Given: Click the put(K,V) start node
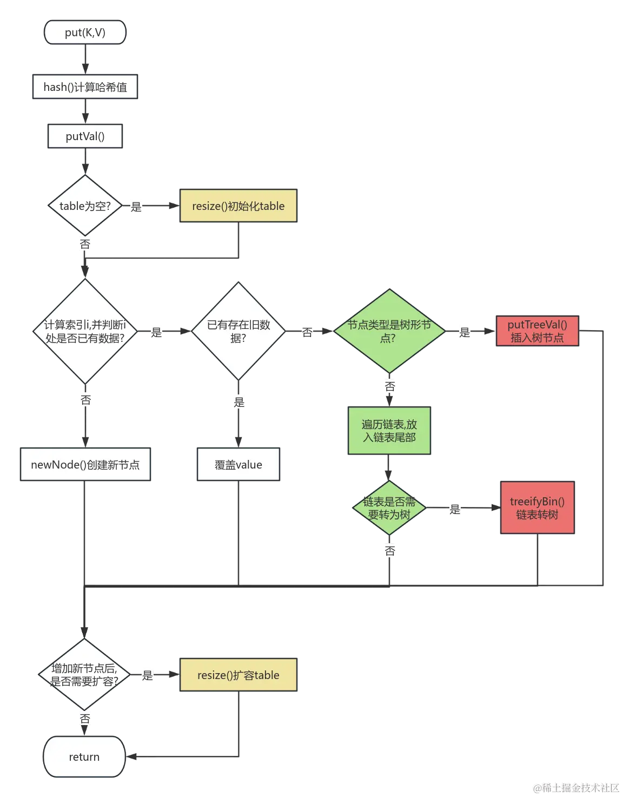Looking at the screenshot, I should pyautogui.click(x=85, y=32).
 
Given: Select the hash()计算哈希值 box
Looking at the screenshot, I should pyautogui.click(x=85, y=87).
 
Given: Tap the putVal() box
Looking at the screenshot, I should pyautogui.click(x=85, y=136).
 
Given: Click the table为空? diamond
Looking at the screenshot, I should pyautogui.click(x=85, y=206).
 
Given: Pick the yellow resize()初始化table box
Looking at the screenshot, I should pyautogui.click(x=238, y=206).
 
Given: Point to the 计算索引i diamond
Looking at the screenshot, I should pyautogui.click(x=85, y=331).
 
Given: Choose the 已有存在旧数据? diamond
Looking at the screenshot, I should pyautogui.click(x=238, y=331).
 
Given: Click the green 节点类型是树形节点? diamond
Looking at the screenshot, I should pyautogui.click(x=389, y=331).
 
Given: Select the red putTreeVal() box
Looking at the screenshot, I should pyautogui.click(x=536, y=331).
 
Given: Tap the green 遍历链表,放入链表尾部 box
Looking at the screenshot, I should pyautogui.click(x=389, y=431).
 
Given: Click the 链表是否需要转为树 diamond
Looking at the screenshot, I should pyautogui.click(x=389, y=508).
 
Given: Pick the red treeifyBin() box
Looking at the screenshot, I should pyautogui.click(x=536, y=508).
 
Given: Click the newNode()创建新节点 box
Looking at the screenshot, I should pyautogui.click(x=85, y=465).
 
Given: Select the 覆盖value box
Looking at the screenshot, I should pyautogui.click(x=238, y=465).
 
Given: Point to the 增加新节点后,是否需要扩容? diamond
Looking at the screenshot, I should pyautogui.click(x=85, y=675).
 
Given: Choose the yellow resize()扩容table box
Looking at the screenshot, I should pyautogui.click(x=238, y=675).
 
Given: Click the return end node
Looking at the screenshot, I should pyautogui.click(x=84, y=757).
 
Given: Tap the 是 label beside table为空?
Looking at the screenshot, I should pyautogui.click(x=136, y=207).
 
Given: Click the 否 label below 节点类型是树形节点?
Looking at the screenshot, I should pyautogui.click(x=390, y=386).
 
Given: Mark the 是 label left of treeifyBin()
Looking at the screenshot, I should pyautogui.click(x=455, y=509).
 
